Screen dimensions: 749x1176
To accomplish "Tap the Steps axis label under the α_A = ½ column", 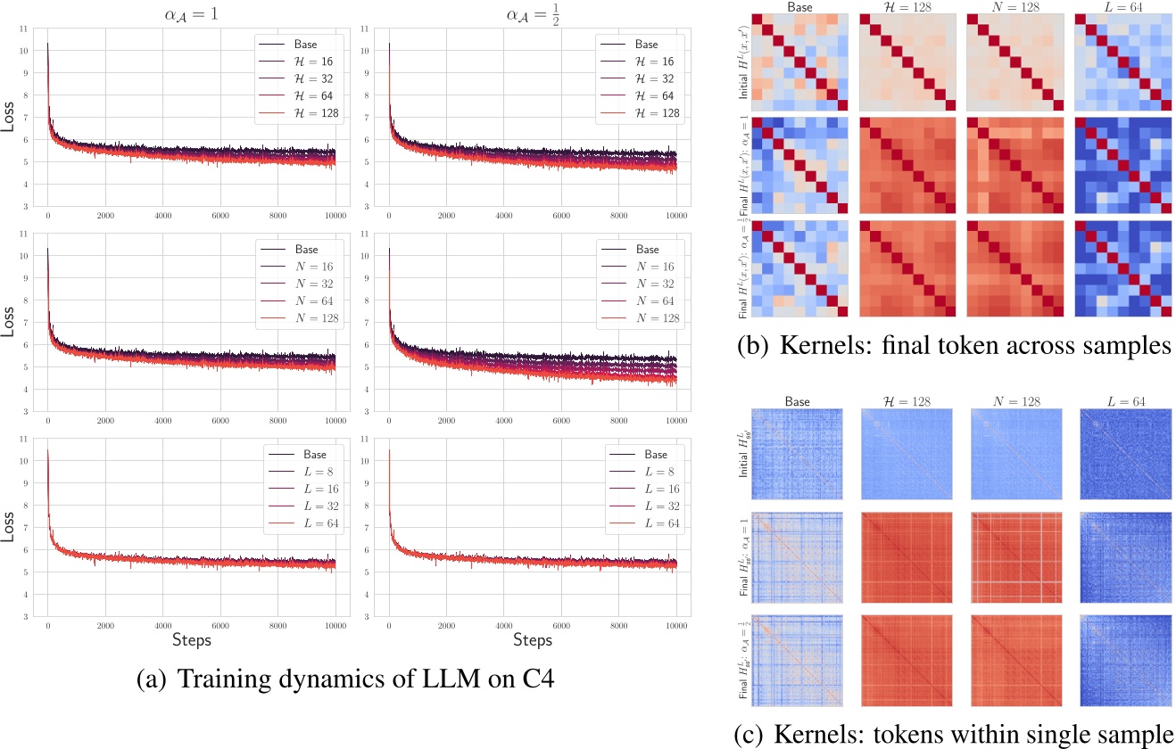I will click(x=532, y=640).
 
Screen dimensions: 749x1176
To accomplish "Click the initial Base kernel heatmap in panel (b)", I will click(x=796, y=62).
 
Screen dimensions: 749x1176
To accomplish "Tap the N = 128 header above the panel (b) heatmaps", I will click(x=1013, y=7).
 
